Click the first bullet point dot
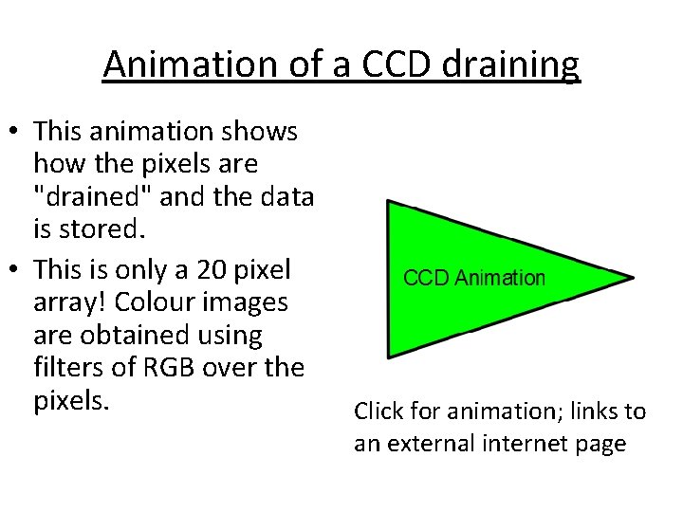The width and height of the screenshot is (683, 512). click(18, 132)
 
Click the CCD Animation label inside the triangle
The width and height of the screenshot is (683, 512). click(474, 278)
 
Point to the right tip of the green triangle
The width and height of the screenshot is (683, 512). click(630, 278)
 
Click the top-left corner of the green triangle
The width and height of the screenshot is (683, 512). click(390, 203)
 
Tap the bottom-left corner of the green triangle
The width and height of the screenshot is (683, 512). click(390, 356)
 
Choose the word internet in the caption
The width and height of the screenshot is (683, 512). click(528, 443)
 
